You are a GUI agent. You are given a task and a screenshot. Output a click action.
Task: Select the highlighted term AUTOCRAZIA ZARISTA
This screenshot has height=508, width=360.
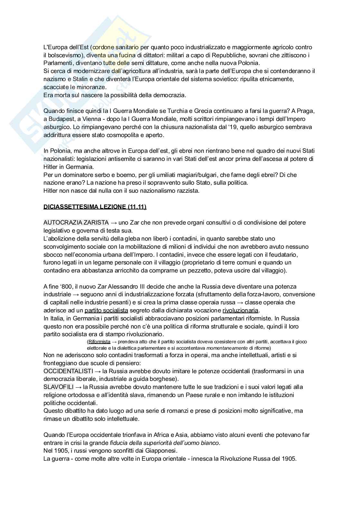[76, 223]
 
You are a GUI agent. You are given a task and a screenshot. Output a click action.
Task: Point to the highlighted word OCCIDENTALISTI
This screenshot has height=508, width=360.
[68, 371]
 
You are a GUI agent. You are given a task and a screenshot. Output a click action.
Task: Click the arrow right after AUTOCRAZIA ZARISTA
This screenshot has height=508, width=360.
[114, 223]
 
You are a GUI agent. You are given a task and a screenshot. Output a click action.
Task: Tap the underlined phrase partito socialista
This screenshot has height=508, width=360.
[106, 310]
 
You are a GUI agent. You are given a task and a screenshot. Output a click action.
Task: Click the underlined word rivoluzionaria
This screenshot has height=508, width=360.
[240, 310]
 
